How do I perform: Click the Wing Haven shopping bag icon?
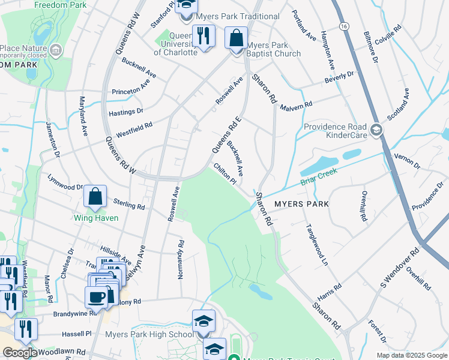(95, 196)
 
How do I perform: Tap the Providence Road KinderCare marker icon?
(376, 130)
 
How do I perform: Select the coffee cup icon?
(97, 296)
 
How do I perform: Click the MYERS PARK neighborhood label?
(301, 204)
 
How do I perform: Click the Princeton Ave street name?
(130, 91)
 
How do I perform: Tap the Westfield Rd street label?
(134, 129)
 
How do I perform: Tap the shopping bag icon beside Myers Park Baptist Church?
(237, 38)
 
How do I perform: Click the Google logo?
(19, 353)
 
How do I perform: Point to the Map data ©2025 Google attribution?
(411, 355)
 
